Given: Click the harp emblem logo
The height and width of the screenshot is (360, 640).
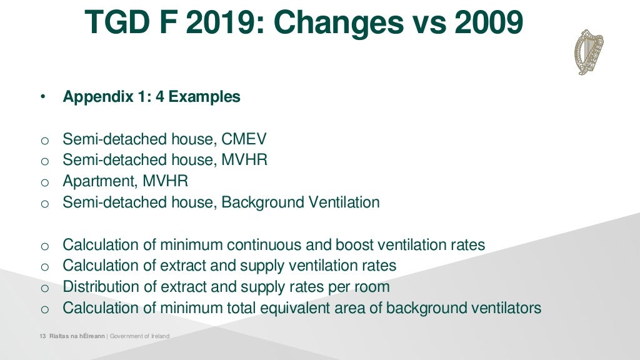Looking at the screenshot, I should (589, 52).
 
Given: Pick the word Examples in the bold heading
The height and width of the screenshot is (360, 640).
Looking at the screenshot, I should (204, 97).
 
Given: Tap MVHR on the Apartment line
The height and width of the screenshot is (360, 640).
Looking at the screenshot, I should (166, 181).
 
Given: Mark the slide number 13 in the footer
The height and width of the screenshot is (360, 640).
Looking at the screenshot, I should (42, 336).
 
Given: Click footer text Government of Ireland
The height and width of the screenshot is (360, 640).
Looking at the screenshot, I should (139, 336).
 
